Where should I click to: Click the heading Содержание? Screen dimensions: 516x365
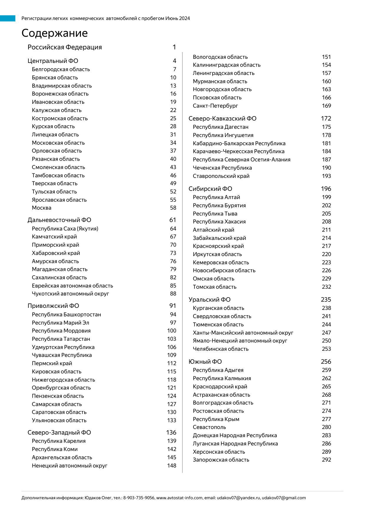tap(54, 33)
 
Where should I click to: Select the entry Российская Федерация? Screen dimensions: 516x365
tap(64, 47)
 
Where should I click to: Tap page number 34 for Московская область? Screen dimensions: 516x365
tap(173, 143)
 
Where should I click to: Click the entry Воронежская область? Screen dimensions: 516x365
tap(60, 94)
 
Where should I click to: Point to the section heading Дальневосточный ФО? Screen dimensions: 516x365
tap(59, 220)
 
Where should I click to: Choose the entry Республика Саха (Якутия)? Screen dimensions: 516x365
tap(65, 229)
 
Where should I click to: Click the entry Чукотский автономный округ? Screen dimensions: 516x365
tap(70, 294)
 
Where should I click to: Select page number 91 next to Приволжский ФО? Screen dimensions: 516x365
tap(172, 306)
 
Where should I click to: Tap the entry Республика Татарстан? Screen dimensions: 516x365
tap(61, 339)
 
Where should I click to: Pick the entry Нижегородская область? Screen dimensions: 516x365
tap(63, 380)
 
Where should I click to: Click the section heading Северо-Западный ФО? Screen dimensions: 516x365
tap(59, 432)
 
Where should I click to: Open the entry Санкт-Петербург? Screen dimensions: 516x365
tap(215, 106)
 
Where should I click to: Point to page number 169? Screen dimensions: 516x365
tap(326, 106)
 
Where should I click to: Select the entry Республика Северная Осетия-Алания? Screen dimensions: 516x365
tap(241, 160)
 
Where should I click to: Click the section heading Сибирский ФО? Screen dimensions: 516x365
tap(210, 189)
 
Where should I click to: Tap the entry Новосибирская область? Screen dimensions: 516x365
tap(224, 270)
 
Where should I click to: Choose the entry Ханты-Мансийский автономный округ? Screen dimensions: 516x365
tap(243, 333)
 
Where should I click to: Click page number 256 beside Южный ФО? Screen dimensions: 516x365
tap(326, 362)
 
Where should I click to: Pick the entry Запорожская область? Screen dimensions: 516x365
tap(221, 460)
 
